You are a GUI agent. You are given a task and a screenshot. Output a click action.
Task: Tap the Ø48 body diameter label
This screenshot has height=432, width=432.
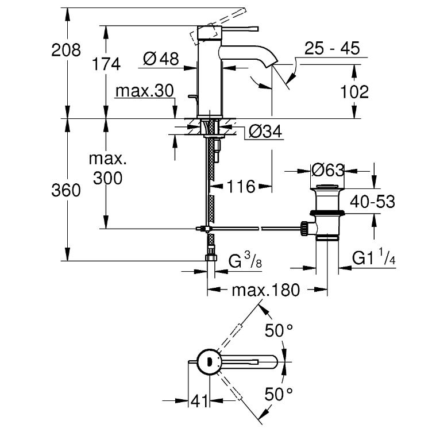(x=160, y=59)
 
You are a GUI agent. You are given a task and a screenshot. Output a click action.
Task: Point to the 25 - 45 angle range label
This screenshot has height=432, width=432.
(x=333, y=48)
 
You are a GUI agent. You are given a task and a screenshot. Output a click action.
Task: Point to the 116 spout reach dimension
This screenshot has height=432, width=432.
(x=240, y=186)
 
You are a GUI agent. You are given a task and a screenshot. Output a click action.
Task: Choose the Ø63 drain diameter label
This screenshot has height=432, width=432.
(x=326, y=171)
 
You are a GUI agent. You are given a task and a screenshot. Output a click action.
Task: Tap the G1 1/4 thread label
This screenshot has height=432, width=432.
(x=375, y=259)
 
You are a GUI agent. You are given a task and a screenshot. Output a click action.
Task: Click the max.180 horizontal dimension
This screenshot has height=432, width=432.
(x=265, y=290)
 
